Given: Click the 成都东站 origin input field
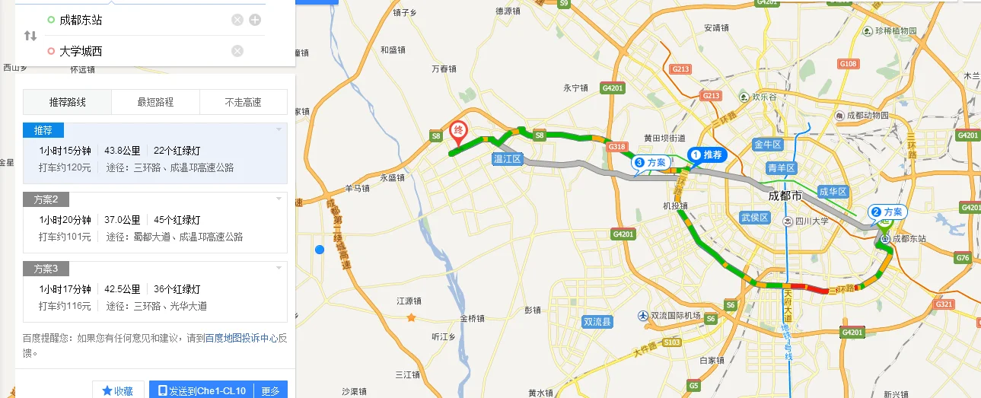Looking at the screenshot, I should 137,20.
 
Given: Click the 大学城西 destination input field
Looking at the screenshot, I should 137,51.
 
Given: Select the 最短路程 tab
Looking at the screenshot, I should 155,102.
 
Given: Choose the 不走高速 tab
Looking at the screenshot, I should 243,102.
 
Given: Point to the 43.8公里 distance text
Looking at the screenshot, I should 119,151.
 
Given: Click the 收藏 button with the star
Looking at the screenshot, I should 118,390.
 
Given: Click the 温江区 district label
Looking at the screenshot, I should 506,159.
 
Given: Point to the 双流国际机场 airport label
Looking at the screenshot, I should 674,316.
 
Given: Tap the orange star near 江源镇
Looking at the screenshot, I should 412,317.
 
